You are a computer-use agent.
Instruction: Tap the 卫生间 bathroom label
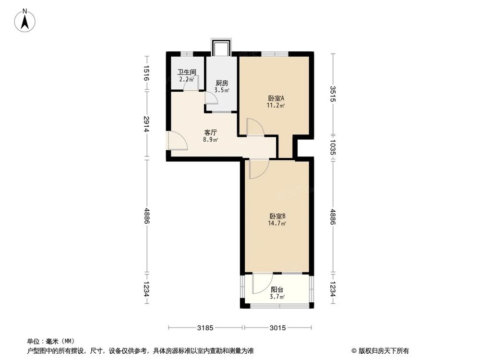point(187,72)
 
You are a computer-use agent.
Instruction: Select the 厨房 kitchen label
point(222,83)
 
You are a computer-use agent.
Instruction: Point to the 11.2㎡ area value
point(276,105)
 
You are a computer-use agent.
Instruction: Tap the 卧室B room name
point(277,216)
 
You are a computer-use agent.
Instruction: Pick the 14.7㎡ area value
point(277,223)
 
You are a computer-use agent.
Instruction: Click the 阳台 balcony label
point(276,290)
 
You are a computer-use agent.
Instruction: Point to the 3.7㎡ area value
point(277,297)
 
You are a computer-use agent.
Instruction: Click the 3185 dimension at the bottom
point(205,328)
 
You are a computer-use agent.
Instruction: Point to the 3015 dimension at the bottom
point(278,328)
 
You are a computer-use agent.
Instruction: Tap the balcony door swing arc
point(260,284)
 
